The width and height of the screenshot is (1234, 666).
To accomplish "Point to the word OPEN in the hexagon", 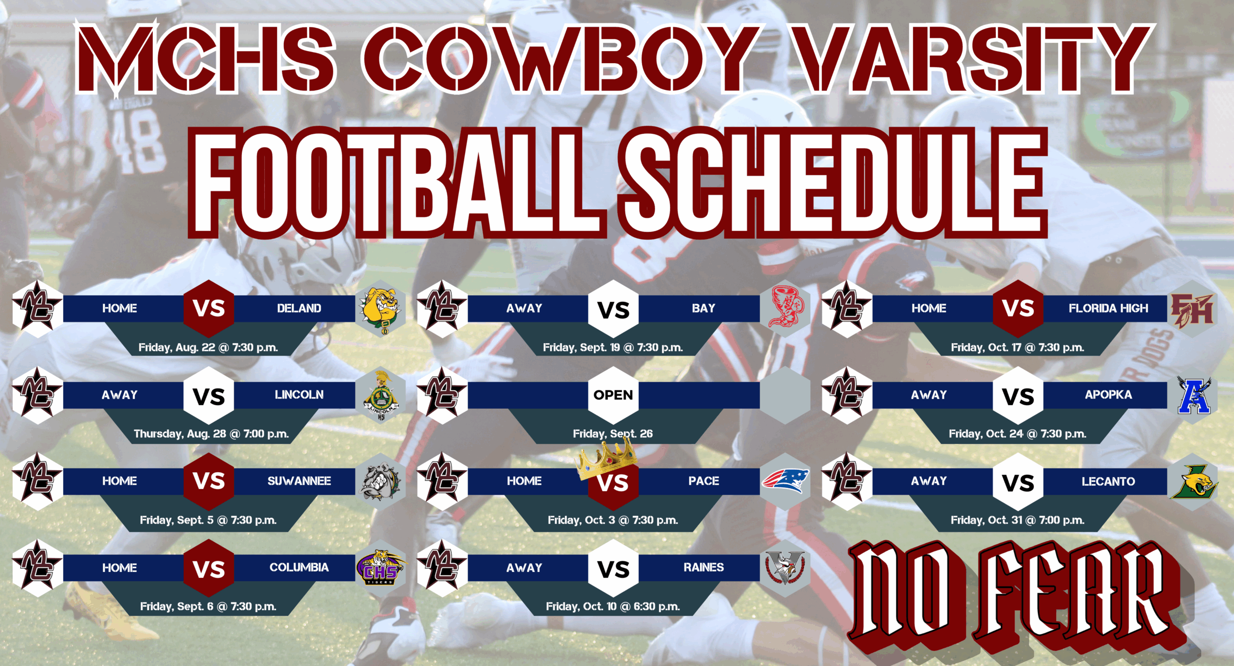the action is pos(613,395).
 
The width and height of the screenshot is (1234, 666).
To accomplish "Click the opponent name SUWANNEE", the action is pos(299,481).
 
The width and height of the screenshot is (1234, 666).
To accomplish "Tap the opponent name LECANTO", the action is pos(1108,481).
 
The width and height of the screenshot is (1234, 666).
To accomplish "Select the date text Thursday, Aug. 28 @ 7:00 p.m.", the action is pos(211,434).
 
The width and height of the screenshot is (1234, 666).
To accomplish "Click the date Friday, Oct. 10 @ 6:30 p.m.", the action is pos(613,606).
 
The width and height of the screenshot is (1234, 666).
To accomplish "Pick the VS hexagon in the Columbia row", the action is pos(209,569).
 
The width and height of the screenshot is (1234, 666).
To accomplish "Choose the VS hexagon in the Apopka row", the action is pos(1018,396).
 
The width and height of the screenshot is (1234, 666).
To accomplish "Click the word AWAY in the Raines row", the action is pos(524,568).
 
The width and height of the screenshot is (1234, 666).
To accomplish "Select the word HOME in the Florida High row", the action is pos(928,308).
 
